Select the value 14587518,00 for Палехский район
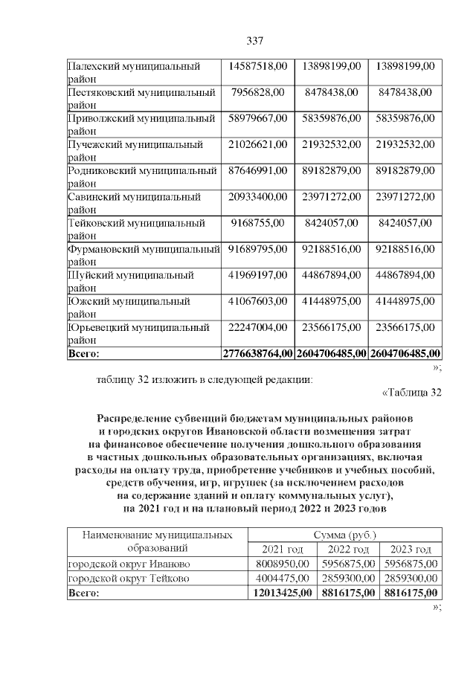tap(259, 67)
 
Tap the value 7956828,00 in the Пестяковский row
tap(259, 92)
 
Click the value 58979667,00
tap(259, 118)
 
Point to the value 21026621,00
tap(259, 144)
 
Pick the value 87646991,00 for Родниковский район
tap(259, 170)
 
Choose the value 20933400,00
tap(259, 196)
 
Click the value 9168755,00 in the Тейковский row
tap(259, 222)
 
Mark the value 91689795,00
tap(259, 248)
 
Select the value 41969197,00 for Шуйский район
tap(259, 275)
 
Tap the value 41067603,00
tap(259, 301)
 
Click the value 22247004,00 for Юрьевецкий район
tap(259, 327)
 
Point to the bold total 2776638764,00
tap(259, 352)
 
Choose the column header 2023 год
tap(411, 550)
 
